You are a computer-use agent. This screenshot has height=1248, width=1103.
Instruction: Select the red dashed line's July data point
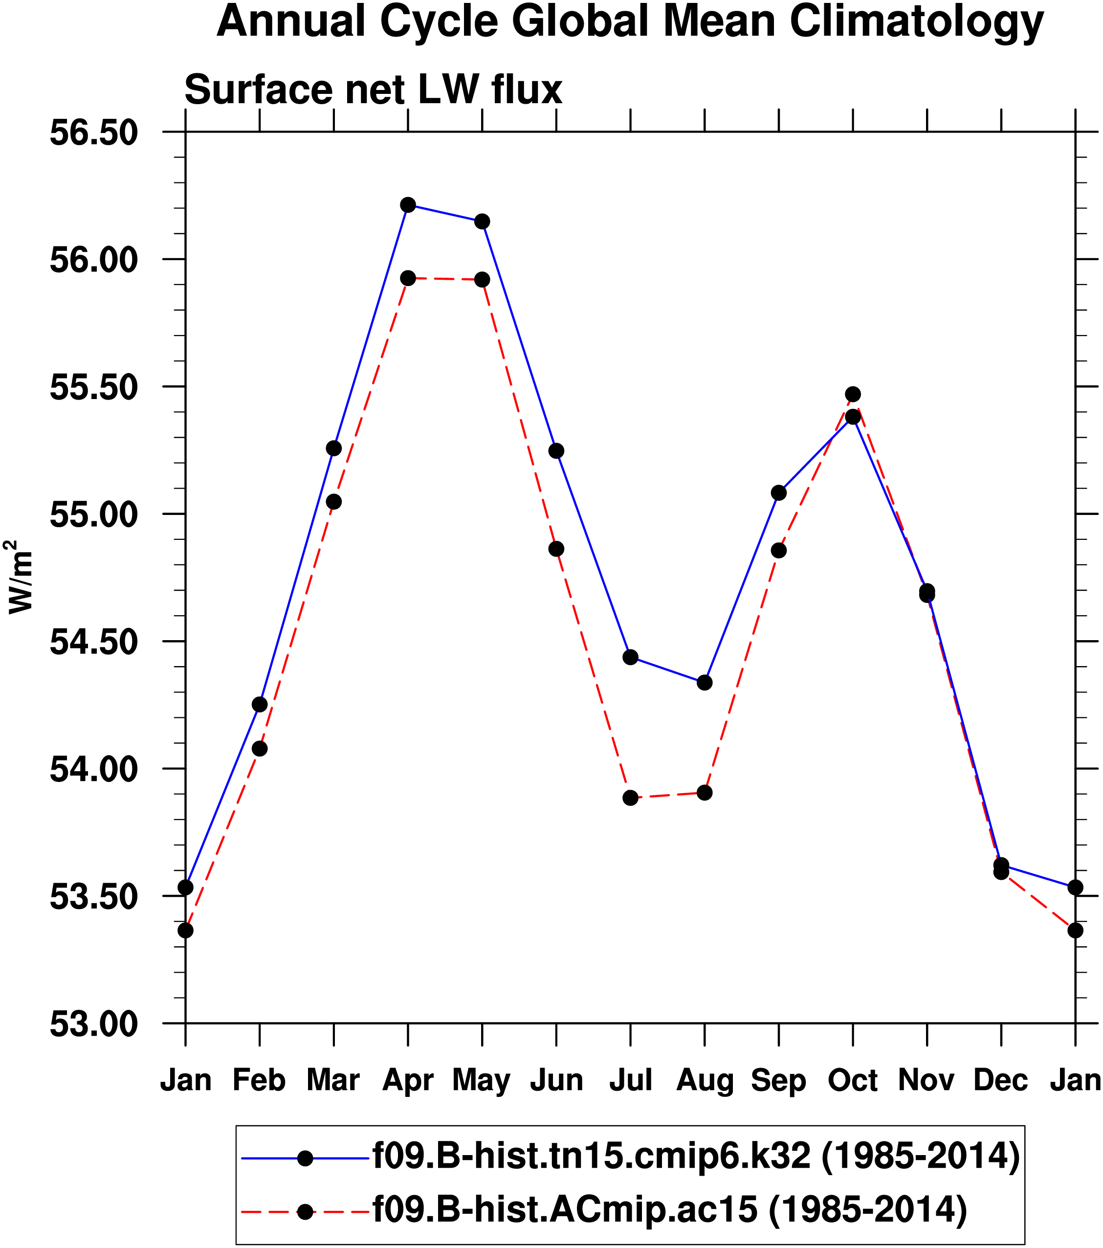[631, 798]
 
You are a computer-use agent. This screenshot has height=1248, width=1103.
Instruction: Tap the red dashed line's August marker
[705, 793]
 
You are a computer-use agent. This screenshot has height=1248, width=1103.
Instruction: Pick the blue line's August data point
[705, 682]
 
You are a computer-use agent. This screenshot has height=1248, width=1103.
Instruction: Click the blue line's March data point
[334, 448]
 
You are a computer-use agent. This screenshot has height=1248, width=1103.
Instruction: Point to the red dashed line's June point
[556, 549]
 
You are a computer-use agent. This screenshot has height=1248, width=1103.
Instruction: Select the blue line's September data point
[779, 493]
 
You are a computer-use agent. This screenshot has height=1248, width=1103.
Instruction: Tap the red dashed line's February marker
[260, 749]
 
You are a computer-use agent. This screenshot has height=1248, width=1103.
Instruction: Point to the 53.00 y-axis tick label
[93, 1024]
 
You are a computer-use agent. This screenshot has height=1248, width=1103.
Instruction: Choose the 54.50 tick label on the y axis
[93, 642]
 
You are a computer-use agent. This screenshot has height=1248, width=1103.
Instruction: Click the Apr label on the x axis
[408, 1080]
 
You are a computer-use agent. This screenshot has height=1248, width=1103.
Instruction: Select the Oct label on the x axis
[852, 1080]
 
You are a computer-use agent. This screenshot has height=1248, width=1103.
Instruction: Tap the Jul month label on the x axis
[631, 1080]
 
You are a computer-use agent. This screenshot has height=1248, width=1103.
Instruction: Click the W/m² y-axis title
[20, 577]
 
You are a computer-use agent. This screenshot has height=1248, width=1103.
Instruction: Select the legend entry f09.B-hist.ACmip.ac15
[670, 1208]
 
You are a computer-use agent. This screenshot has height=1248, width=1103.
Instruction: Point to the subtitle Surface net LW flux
[373, 90]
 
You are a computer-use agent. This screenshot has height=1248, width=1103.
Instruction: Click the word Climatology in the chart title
[917, 22]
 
